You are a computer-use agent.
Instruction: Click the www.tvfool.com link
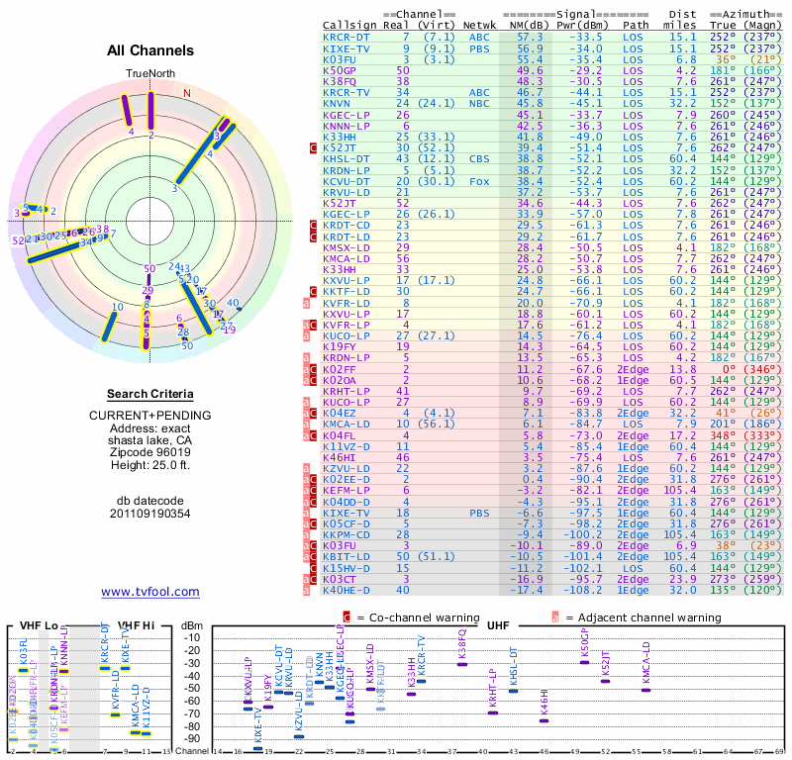click(x=150, y=592)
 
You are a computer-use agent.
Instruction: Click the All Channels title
click(x=150, y=50)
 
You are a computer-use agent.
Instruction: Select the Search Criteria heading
click(x=150, y=394)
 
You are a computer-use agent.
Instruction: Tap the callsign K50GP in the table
click(x=339, y=70)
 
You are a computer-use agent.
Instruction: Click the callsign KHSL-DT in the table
click(x=346, y=157)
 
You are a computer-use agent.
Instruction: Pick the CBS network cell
click(x=479, y=157)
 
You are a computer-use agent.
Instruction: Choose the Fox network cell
click(x=479, y=181)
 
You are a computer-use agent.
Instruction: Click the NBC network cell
click(x=479, y=103)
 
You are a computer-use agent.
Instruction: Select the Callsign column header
click(x=349, y=25)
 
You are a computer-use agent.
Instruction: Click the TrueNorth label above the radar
click(x=150, y=74)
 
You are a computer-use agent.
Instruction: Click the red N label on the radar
click(x=187, y=93)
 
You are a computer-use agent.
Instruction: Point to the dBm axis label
click(x=193, y=624)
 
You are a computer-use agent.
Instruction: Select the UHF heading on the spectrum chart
click(x=498, y=625)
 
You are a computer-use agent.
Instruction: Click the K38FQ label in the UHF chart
click(x=461, y=645)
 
